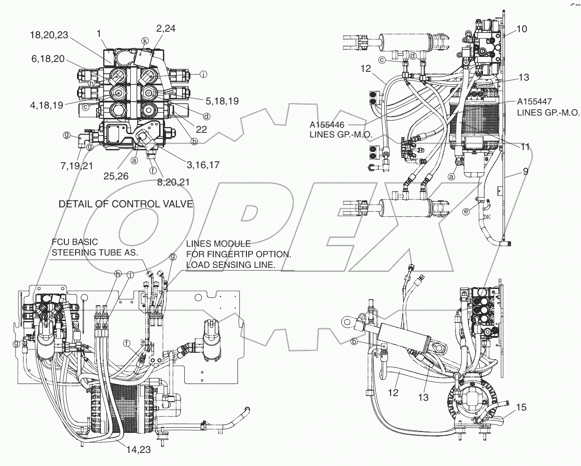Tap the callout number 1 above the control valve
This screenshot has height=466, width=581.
pyautogui.click(x=99, y=33)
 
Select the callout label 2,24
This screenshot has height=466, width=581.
pyautogui.click(x=166, y=28)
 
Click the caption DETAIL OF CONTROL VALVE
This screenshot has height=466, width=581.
pyautogui.click(x=126, y=204)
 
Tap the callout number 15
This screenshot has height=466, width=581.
pyautogui.click(x=521, y=408)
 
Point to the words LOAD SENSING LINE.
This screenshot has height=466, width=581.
pyautogui.click(x=231, y=264)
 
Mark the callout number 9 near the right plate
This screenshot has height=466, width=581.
pyautogui.click(x=525, y=171)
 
